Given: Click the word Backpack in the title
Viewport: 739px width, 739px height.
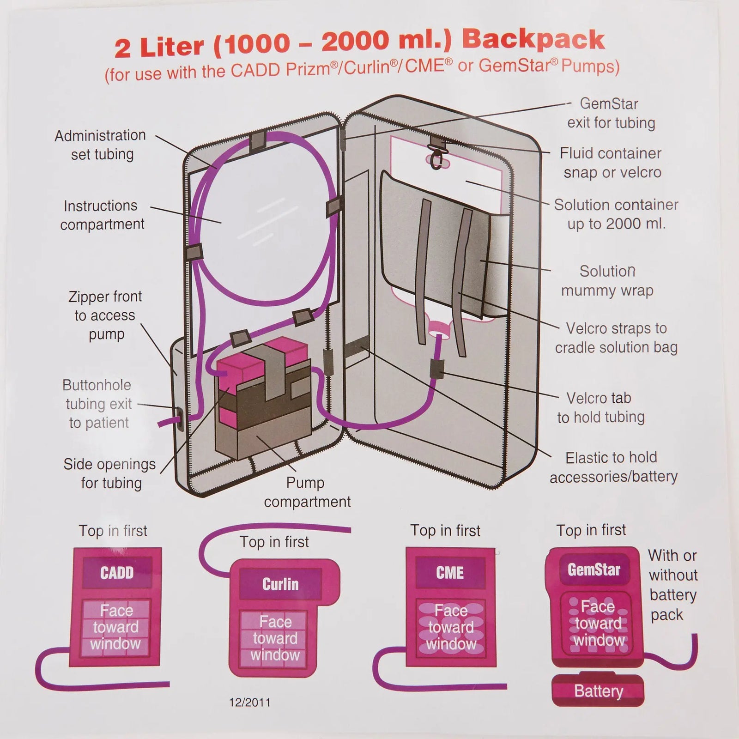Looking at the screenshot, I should pos(533,41).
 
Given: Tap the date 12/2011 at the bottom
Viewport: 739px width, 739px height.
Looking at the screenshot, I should pos(250,703).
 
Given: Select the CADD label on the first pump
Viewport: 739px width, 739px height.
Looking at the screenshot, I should pos(117,573).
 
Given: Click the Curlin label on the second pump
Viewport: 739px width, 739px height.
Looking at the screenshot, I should pos(280,584).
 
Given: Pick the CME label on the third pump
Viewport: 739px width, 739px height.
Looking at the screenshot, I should pos(450,573).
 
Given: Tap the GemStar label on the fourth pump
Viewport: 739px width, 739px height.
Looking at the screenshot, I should pos(594,569).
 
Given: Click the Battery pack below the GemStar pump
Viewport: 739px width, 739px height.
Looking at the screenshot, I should pos(598,691).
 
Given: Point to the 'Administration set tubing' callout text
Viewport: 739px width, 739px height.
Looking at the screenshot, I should pos(101,145).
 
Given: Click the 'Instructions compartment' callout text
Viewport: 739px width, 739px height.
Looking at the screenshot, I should pos(102,215).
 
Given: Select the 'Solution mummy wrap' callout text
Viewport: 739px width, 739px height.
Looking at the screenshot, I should pos(607,281).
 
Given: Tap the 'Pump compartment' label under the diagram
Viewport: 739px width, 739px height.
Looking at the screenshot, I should pos(307,492).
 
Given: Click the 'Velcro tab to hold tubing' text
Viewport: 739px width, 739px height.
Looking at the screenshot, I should pos(600,407).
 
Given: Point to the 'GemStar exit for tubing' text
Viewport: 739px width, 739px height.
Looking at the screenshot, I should pos(611,113).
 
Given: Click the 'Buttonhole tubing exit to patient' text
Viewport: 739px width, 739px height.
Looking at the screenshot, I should pos(98,404).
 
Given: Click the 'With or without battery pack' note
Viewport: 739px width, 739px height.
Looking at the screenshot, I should pos(672,585).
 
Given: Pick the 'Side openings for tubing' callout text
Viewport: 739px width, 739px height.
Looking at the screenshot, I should pos(110,473).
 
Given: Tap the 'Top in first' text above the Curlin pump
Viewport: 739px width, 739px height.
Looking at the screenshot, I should pos(274,541).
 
